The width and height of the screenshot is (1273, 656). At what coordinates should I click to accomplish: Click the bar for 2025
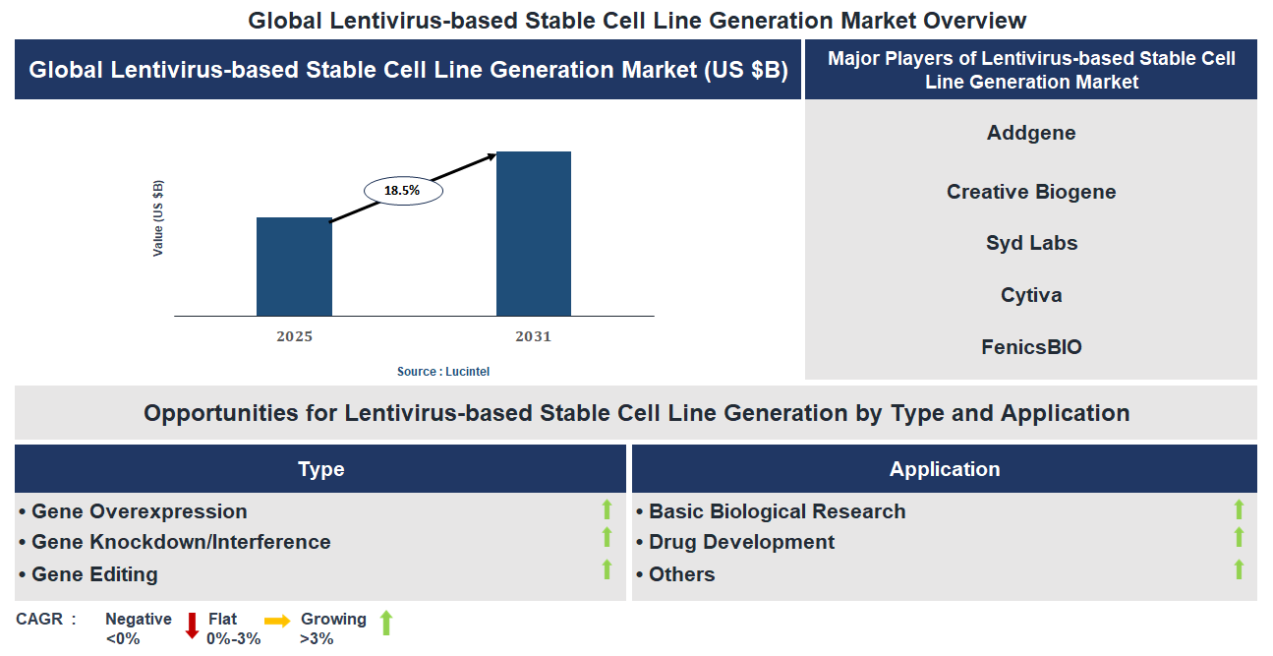(294, 267)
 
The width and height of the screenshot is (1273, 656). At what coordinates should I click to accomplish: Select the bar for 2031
(533, 234)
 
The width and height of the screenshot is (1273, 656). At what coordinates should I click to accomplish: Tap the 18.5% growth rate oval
(403, 191)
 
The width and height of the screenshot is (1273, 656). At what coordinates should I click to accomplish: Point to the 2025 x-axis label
(294, 336)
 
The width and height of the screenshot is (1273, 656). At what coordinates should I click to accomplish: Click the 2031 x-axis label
(533, 336)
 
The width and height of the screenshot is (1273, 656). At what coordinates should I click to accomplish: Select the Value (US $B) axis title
(158, 218)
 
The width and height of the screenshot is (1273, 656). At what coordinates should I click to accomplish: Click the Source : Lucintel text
(442, 372)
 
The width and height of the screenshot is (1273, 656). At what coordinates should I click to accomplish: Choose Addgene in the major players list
(1031, 133)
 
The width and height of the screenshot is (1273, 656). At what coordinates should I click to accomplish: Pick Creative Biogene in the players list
(1031, 192)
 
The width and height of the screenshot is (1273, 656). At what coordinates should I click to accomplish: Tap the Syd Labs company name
(1031, 243)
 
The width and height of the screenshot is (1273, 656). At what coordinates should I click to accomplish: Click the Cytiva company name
(1031, 295)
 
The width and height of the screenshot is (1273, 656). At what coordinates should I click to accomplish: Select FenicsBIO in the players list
(1031, 347)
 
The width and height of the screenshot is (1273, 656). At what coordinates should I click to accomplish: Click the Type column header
(320, 469)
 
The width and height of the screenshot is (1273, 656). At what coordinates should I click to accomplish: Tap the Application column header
(944, 469)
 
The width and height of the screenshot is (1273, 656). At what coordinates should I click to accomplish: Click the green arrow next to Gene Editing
(607, 569)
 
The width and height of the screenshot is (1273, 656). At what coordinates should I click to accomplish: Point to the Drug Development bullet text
(741, 542)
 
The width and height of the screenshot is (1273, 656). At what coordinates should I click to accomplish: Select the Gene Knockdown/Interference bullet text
(181, 542)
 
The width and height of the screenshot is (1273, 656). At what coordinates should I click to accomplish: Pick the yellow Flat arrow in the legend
(277, 621)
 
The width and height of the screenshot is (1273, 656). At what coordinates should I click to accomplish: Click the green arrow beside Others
(1239, 569)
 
